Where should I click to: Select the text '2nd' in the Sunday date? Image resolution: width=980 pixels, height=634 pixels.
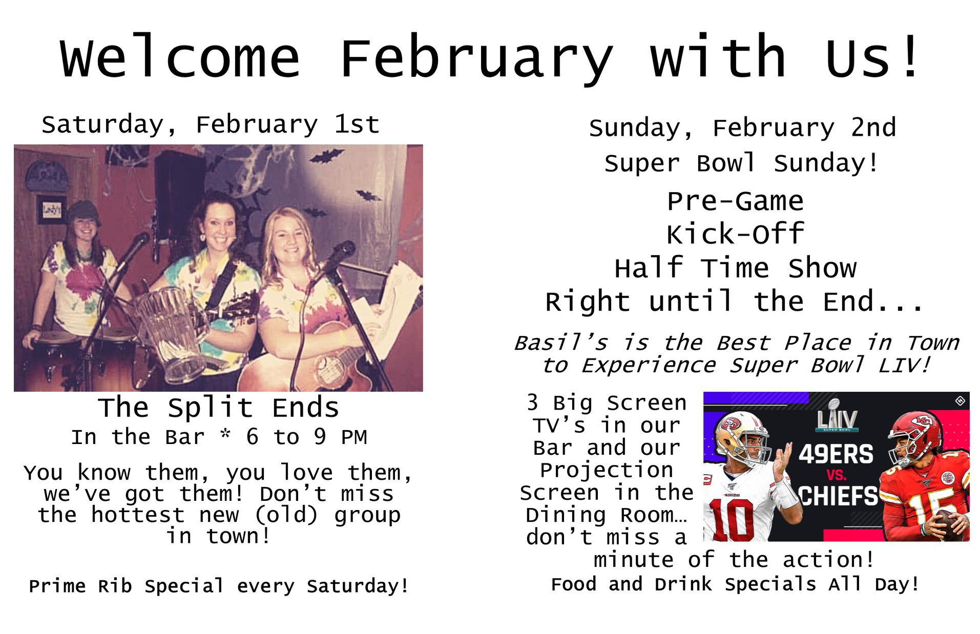[x=873, y=128]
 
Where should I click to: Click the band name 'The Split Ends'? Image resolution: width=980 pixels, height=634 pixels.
[x=219, y=408]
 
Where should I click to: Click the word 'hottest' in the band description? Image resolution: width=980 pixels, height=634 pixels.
[x=138, y=515]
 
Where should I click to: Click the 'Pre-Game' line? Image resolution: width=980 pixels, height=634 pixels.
[x=735, y=201]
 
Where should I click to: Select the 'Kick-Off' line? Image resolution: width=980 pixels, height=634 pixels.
[x=735, y=234]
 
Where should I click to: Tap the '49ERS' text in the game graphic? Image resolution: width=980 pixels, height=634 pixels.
[x=836, y=454]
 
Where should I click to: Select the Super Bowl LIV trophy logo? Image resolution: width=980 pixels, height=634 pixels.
[x=837, y=415]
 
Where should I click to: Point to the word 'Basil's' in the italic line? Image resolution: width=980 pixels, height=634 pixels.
[x=560, y=343]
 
